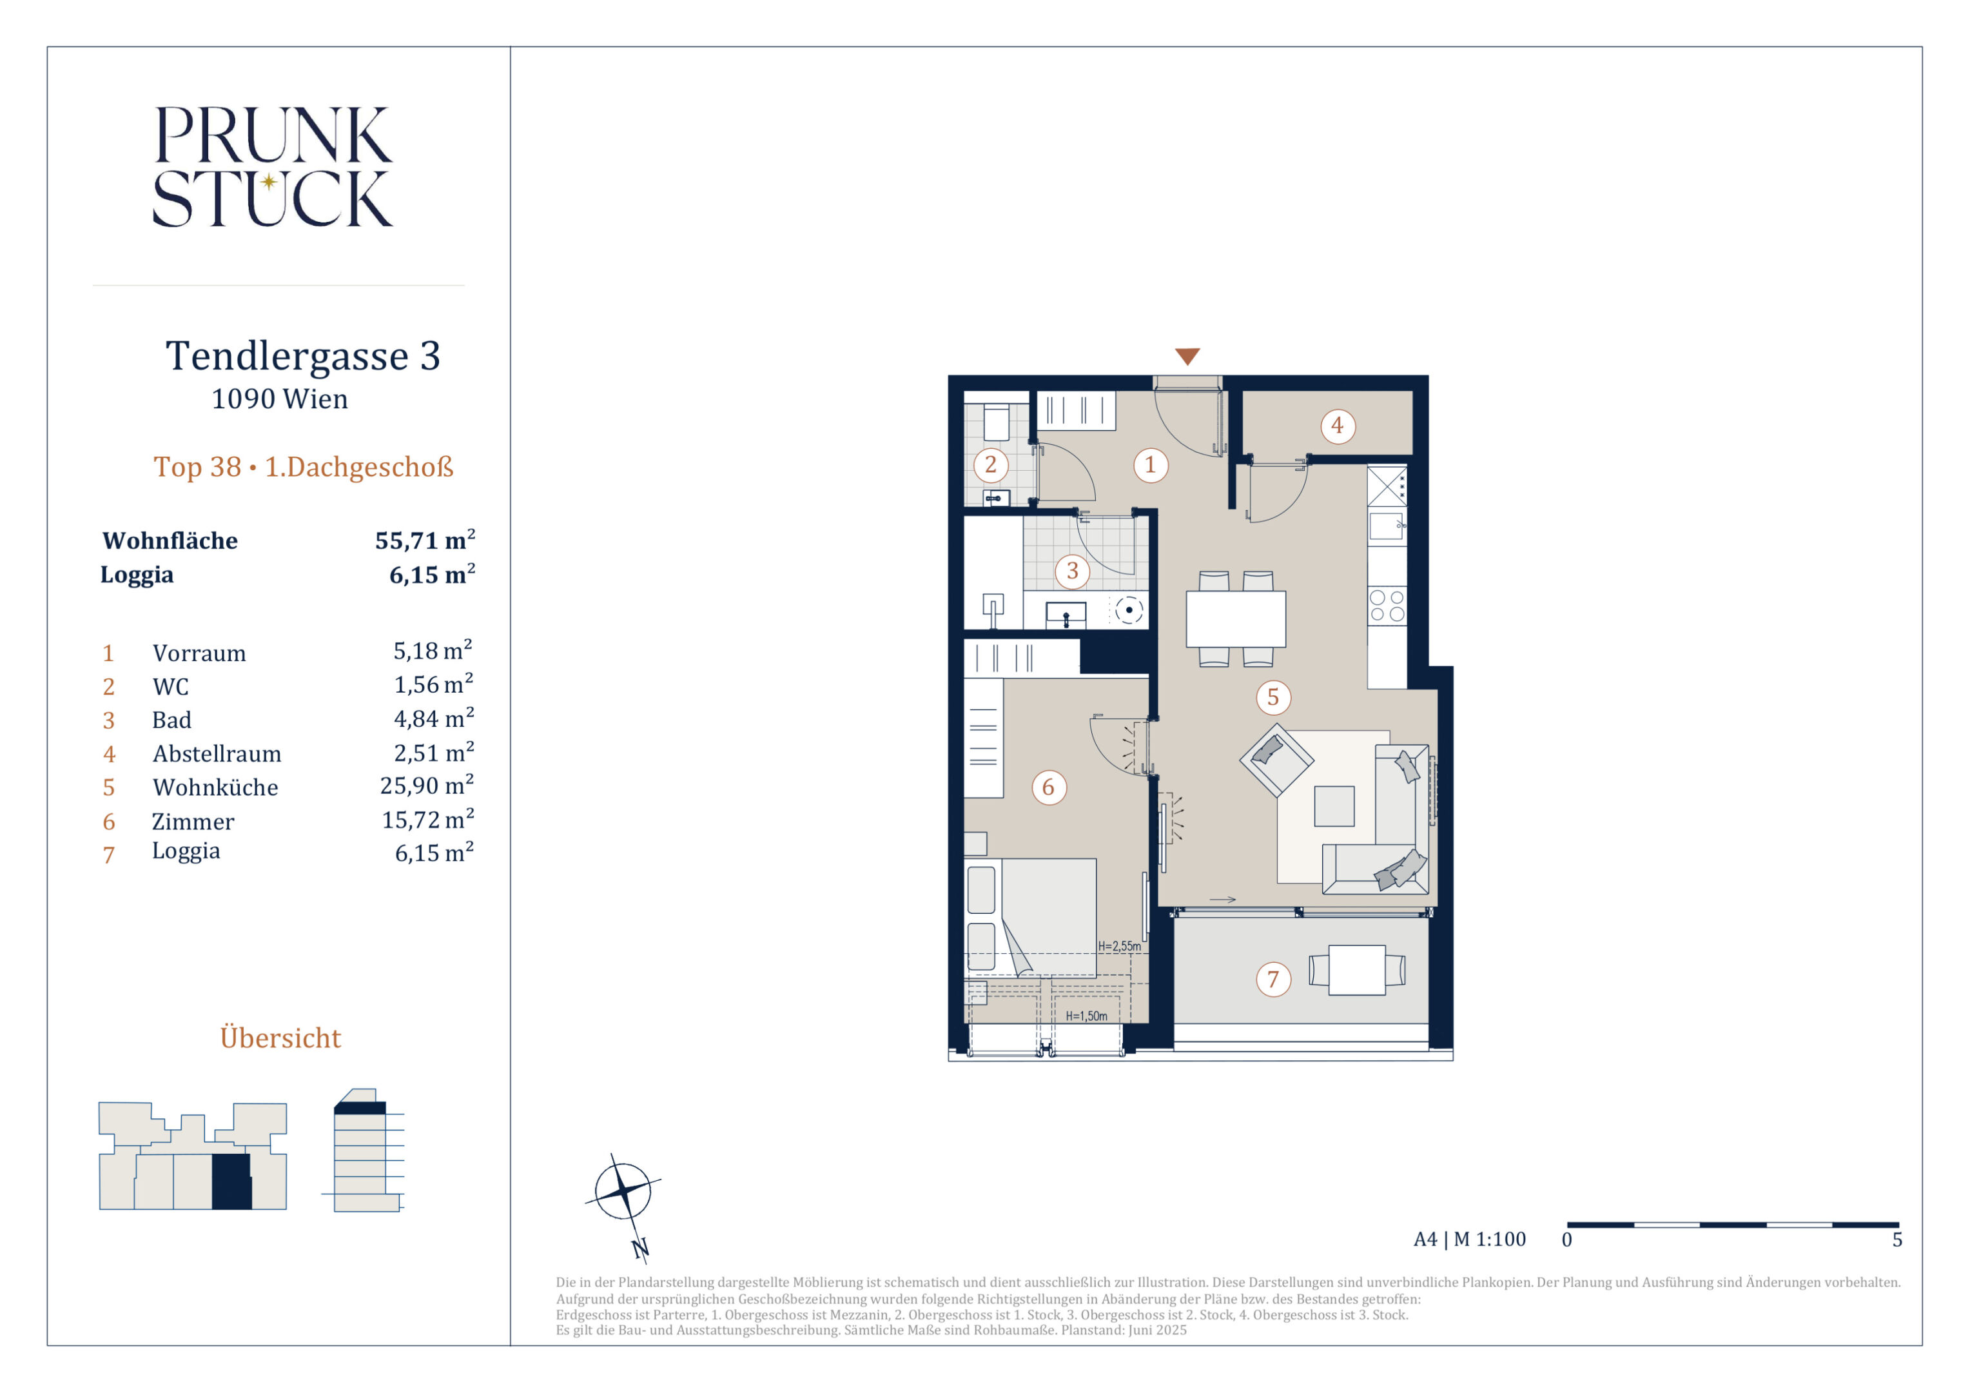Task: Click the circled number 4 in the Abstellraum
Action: (1337, 426)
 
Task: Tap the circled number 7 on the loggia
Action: (1273, 980)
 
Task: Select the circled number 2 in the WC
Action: (991, 465)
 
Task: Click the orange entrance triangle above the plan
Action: (1187, 356)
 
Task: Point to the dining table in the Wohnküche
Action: (1236, 619)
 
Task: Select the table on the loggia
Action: (1356, 970)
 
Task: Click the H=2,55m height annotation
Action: (1120, 946)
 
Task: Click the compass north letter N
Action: (640, 1249)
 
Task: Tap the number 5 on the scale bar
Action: (1897, 1240)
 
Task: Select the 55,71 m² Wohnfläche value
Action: (425, 540)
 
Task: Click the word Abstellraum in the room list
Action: (217, 754)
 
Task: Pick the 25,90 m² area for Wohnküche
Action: (427, 785)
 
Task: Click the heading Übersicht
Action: (280, 1037)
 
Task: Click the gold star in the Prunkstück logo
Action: (269, 181)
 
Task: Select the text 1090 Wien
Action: (280, 399)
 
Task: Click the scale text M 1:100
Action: (1490, 1240)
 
